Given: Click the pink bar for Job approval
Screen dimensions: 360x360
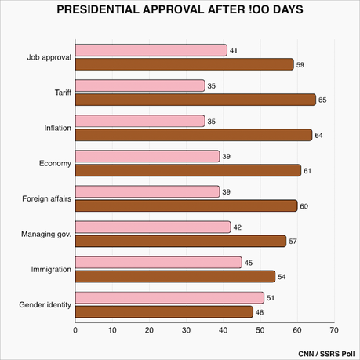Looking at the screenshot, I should [x=151, y=50].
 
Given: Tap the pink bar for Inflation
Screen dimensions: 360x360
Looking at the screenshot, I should [x=140, y=121].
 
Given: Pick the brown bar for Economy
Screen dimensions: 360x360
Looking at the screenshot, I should [x=188, y=170].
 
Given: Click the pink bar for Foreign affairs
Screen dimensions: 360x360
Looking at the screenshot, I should [x=147, y=191].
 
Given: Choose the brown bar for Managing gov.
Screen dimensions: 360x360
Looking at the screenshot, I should [x=180, y=241].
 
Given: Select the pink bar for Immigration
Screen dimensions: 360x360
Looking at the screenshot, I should [x=158, y=262].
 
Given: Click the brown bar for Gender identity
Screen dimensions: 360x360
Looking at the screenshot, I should [x=164, y=311].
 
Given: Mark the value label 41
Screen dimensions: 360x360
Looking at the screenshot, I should [x=234, y=50].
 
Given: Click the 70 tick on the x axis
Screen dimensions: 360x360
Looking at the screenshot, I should [x=334, y=330].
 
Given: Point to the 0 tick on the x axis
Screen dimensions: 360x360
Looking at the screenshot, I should [x=75, y=330].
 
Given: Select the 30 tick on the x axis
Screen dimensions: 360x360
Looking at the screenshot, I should [x=186, y=330].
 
